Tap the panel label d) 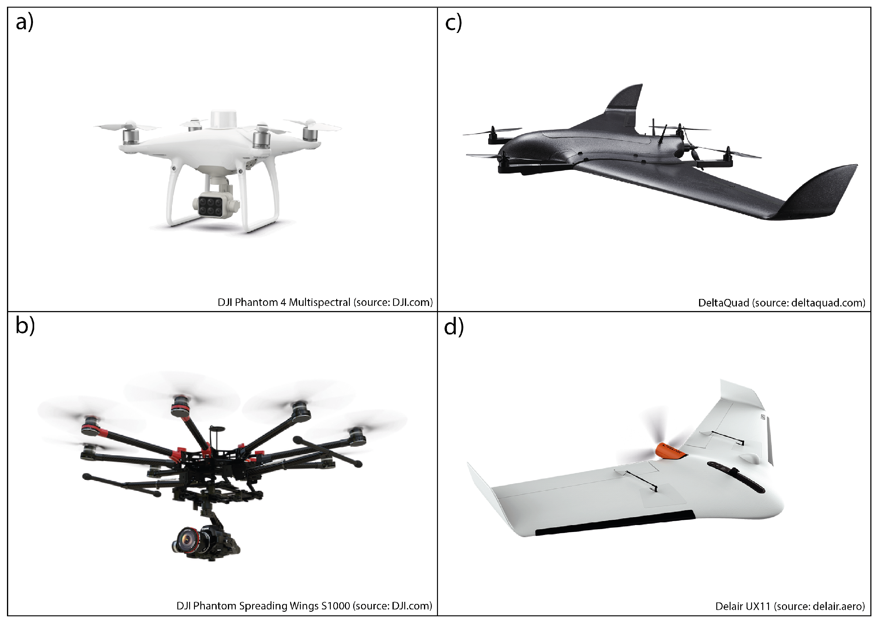pyautogui.click(x=454, y=327)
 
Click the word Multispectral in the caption pyautogui.click(x=320, y=303)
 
